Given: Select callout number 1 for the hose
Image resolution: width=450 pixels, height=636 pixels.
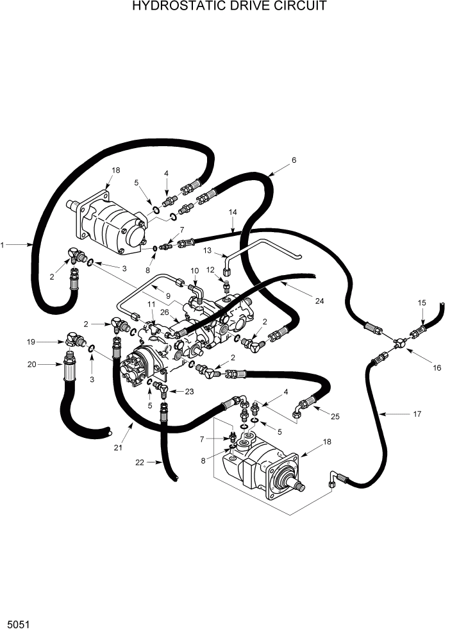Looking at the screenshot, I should [3, 244].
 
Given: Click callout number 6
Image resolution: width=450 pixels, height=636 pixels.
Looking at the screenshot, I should [294, 160].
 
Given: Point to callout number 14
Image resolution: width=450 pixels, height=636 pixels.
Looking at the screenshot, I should [233, 212].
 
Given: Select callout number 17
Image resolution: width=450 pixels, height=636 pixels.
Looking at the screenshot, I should [417, 414].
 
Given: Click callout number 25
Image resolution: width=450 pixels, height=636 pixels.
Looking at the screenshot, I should [335, 417].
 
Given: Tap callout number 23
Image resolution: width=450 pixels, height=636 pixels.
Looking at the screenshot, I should [190, 390].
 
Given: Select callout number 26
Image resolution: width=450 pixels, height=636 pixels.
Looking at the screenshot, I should [165, 312].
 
